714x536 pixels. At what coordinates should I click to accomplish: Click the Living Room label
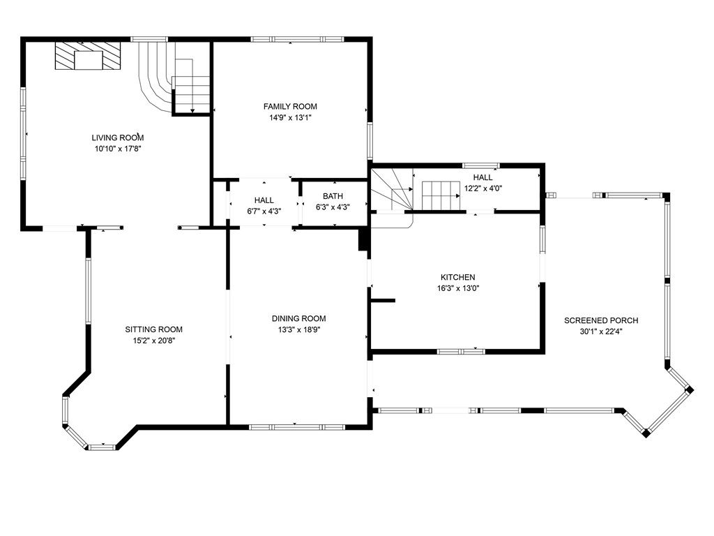click(118, 137)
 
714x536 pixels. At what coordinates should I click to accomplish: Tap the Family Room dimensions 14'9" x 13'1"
click(290, 118)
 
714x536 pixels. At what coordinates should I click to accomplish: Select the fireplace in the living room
click(88, 56)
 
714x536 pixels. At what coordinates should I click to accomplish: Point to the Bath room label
click(333, 196)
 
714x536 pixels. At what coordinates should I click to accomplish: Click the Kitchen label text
click(457, 277)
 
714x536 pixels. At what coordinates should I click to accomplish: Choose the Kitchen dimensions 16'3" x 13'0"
click(457, 288)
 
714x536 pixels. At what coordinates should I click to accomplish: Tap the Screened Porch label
click(601, 320)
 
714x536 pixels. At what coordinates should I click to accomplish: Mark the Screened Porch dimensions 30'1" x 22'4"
click(601, 332)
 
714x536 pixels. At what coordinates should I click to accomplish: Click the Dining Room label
click(298, 318)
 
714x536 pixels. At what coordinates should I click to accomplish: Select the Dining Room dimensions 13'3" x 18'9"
click(298, 329)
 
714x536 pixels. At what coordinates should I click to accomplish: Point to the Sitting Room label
click(153, 329)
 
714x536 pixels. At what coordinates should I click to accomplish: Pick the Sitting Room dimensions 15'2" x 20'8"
click(153, 341)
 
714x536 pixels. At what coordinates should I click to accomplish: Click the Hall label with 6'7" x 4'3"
click(264, 200)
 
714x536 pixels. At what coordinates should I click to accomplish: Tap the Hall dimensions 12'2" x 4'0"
click(483, 188)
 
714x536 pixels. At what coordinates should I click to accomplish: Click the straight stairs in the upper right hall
click(441, 195)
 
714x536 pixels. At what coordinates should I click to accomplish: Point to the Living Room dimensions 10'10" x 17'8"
click(118, 149)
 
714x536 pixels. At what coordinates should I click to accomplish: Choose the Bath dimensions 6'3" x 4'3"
click(333, 207)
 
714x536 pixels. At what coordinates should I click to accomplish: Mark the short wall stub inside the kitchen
click(383, 301)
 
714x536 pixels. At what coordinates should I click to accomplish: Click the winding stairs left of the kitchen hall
click(392, 190)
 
